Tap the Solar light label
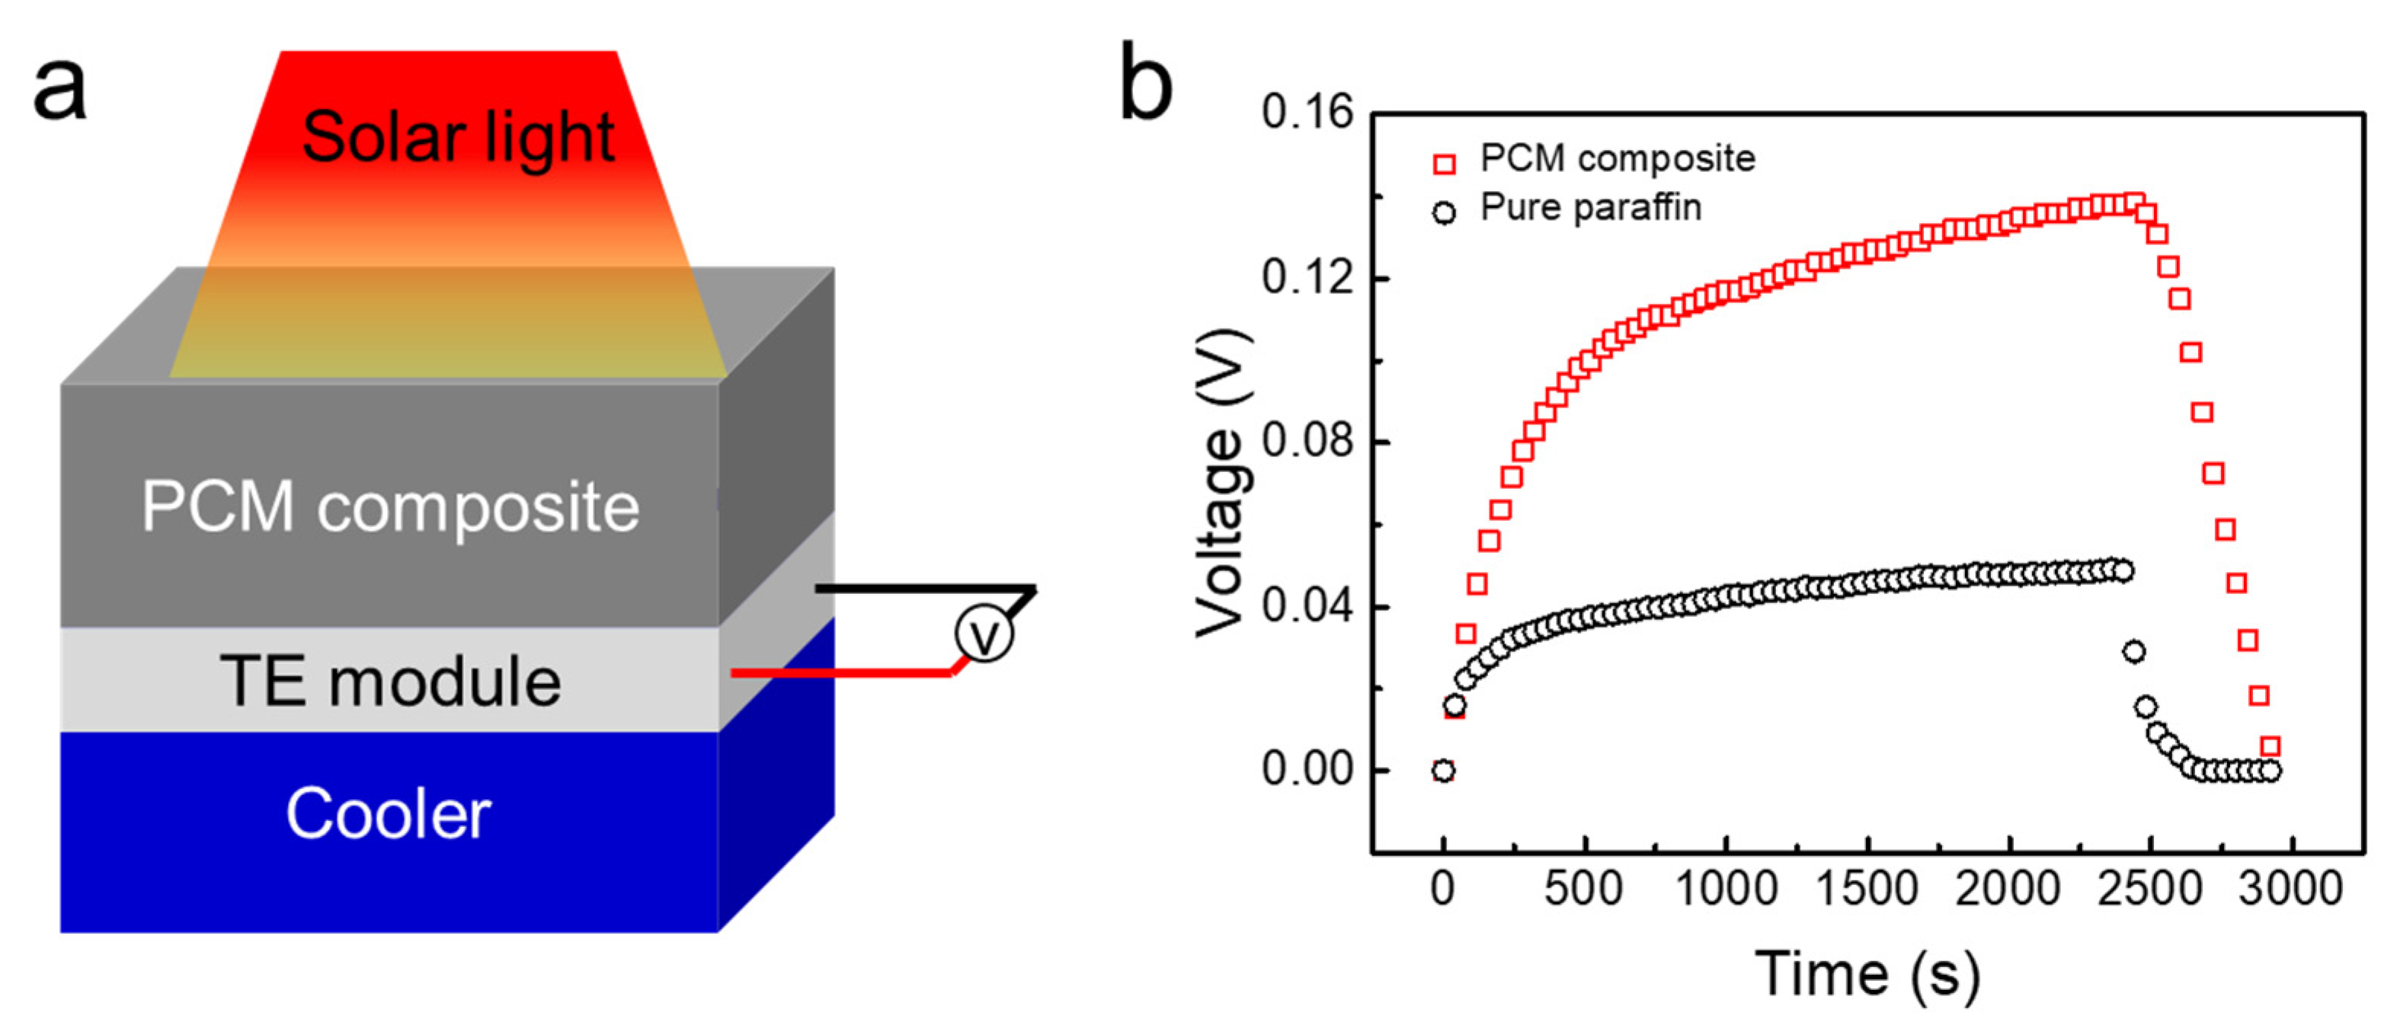click(458, 138)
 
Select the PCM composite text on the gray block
click(390, 507)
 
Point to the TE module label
click(390, 681)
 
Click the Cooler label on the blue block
click(388, 814)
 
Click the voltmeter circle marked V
click(984, 635)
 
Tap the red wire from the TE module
click(837, 672)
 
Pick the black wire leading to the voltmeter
click(921, 589)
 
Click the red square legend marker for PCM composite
click(1444, 164)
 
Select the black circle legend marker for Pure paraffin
click(1444, 213)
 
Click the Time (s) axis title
click(1867, 975)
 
